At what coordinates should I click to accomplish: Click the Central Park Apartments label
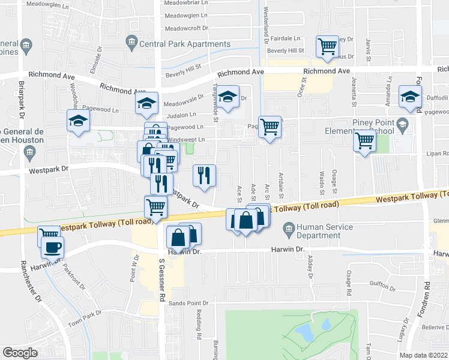[x=184, y=44]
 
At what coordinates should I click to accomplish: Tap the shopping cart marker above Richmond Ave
[x=328, y=46]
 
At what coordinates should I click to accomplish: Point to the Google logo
[x=20, y=353]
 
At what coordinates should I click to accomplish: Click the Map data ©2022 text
[x=424, y=355]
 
